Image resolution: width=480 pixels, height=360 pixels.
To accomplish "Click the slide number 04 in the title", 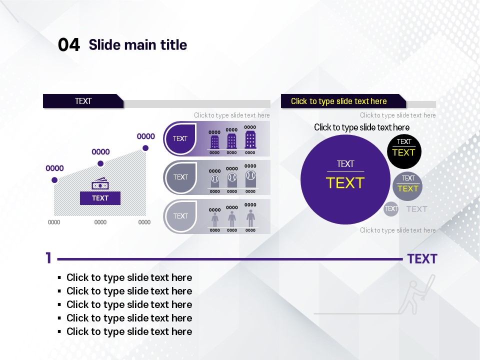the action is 69,44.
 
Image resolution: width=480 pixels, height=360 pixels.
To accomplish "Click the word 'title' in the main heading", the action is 174,44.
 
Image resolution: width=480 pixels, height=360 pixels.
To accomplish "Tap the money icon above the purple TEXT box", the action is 100,183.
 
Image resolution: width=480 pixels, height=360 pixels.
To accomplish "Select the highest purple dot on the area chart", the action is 145,148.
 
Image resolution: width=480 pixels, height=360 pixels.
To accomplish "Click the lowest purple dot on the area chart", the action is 54,180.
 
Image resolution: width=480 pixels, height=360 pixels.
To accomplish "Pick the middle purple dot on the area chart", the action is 100,164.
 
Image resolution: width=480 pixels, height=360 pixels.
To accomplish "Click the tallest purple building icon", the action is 250,139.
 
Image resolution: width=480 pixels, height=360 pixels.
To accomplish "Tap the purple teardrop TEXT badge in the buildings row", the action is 180,138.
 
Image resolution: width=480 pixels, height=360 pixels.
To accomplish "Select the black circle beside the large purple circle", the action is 404,151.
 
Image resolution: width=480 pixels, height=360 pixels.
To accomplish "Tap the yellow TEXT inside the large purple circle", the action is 345,183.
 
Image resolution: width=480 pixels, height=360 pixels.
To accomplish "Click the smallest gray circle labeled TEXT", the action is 391,209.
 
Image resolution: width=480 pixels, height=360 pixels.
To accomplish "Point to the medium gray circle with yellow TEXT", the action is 407,186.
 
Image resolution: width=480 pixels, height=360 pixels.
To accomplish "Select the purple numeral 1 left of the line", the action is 48,258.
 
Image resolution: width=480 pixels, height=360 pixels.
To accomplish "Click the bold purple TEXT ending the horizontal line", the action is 422,259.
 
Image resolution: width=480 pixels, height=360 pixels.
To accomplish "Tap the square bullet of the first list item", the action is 59,277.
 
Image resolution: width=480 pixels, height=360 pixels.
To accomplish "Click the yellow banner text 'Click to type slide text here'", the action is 338,101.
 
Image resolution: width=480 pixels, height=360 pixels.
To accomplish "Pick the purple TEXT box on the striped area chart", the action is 100,198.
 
